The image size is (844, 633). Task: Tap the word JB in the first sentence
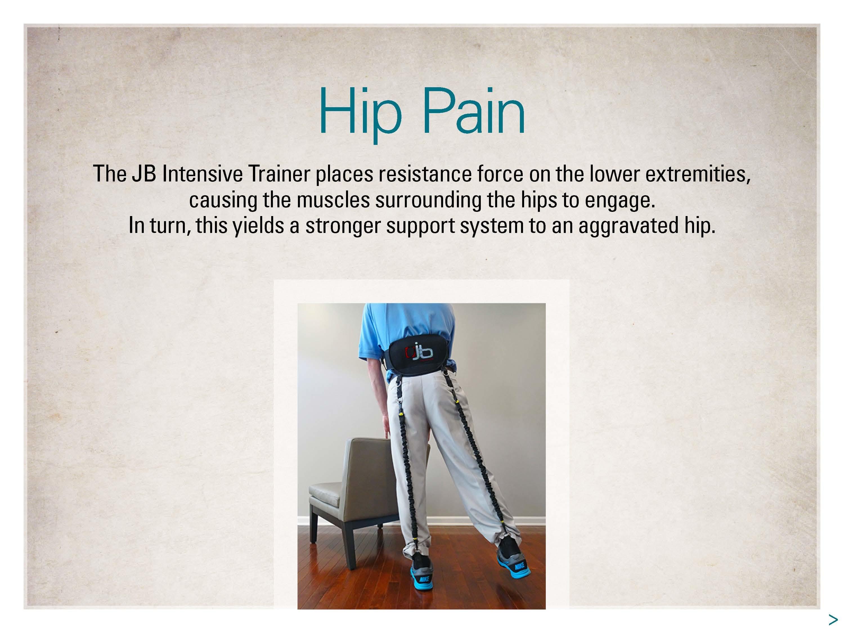pos(144,174)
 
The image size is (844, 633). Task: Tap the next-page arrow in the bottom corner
pos(833,619)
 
